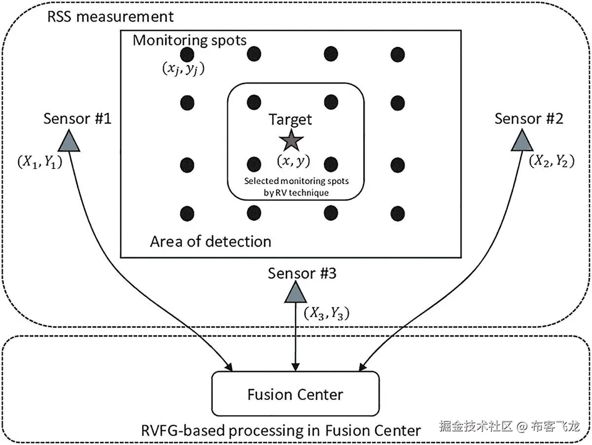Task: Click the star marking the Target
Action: click(x=291, y=140)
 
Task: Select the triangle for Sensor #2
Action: click(x=521, y=141)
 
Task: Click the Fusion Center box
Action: click(x=295, y=394)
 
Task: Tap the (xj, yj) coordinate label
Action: click(x=183, y=69)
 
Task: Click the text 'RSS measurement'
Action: click(x=111, y=16)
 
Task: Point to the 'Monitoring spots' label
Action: click(x=189, y=40)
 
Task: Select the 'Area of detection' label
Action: click(x=211, y=241)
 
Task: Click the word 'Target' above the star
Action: click(x=290, y=119)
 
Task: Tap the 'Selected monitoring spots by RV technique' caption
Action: click(x=296, y=186)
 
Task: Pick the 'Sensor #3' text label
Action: click(x=302, y=273)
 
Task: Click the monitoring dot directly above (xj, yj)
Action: click(x=187, y=53)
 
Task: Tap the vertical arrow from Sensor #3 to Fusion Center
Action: click(x=295, y=340)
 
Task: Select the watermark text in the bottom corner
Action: click(x=509, y=426)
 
